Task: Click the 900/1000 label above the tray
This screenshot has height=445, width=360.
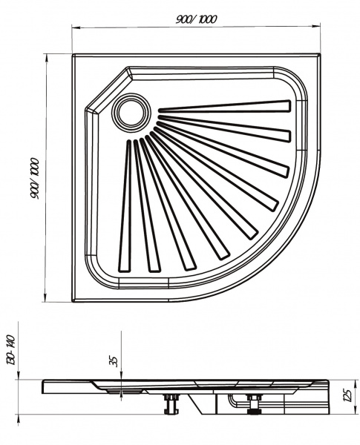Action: tap(197, 19)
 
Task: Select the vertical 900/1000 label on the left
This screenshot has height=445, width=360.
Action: tap(35, 179)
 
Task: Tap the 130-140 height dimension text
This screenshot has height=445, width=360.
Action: tap(11, 349)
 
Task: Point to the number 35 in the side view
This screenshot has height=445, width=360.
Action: tap(114, 361)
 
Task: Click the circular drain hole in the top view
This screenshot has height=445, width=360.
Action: tap(131, 112)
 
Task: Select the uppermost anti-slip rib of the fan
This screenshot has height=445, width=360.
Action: tap(224, 107)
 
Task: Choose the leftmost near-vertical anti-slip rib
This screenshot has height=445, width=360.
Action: tap(125, 206)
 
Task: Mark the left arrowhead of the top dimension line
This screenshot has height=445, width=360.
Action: tap(75, 27)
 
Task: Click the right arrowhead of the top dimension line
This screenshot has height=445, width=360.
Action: tap(317, 27)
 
